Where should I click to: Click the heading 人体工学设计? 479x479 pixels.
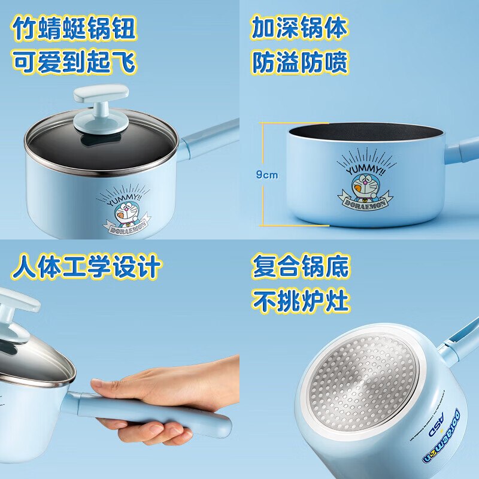87,267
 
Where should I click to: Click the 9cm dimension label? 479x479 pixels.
267,175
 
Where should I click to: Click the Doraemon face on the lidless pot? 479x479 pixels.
359,179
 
